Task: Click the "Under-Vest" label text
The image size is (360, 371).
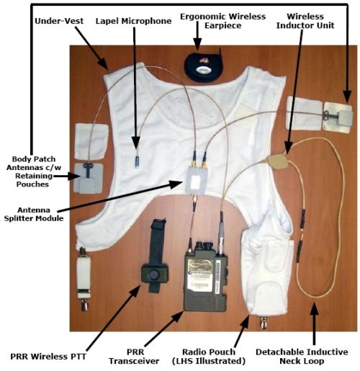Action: [59, 21]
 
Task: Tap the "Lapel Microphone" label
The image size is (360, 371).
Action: [133, 21]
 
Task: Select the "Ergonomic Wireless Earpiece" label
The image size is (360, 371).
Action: [222, 21]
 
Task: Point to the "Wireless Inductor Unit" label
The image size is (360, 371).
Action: [305, 21]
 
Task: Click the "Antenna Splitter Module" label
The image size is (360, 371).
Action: [34, 214]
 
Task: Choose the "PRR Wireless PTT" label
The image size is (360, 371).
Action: [48, 357]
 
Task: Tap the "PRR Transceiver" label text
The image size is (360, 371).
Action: [134, 357]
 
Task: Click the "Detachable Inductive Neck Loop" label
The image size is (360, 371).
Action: [302, 357]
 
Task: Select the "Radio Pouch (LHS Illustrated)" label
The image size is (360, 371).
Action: [209, 357]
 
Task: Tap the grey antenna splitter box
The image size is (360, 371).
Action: [197, 179]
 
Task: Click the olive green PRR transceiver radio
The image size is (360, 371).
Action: [205, 277]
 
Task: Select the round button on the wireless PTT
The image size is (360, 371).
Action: [154, 274]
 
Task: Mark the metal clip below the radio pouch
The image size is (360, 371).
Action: [264, 322]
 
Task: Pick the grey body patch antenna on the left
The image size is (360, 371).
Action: [89, 178]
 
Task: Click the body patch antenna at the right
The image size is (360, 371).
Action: [338, 117]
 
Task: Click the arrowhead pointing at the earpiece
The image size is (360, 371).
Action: [197, 45]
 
